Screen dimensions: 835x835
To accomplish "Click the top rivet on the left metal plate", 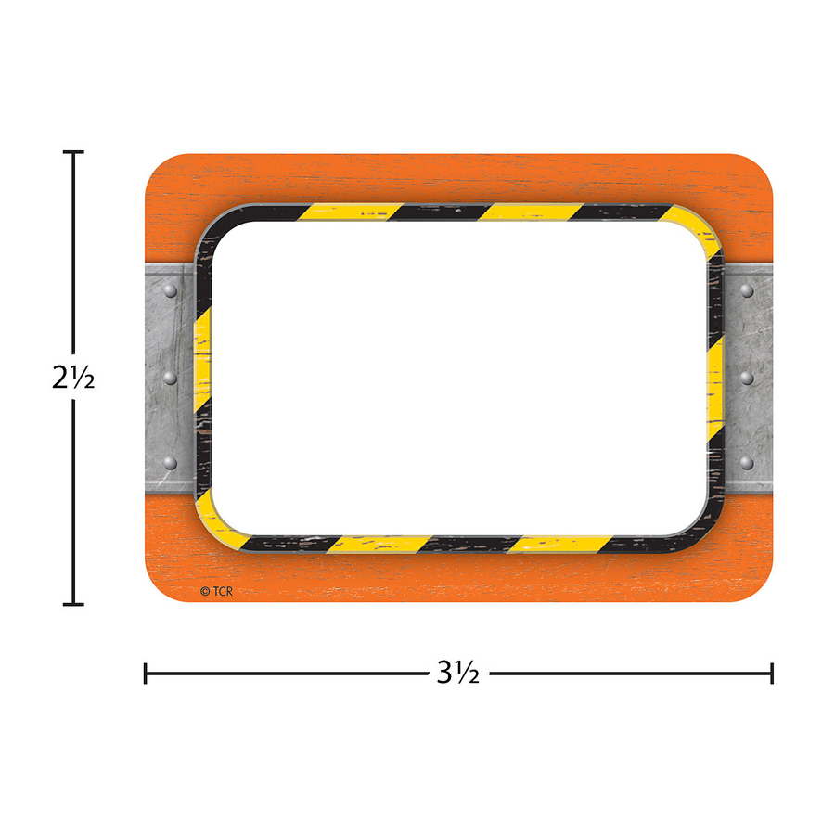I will [170, 291].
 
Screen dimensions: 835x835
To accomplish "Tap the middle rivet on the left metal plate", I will [170, 377].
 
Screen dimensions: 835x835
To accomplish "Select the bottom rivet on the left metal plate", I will [170, 462].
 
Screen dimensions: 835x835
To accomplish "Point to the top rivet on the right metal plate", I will [747, 291].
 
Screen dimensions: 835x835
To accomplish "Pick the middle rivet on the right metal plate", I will [747, 377].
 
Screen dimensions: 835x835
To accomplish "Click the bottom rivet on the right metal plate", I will [747, 462].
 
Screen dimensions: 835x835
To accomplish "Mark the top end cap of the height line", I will [73, 152].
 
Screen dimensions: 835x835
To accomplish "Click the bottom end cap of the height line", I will [73, 605].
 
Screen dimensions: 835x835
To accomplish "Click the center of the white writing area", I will [459, 377].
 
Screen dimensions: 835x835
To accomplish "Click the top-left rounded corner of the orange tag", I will [156, 165].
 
